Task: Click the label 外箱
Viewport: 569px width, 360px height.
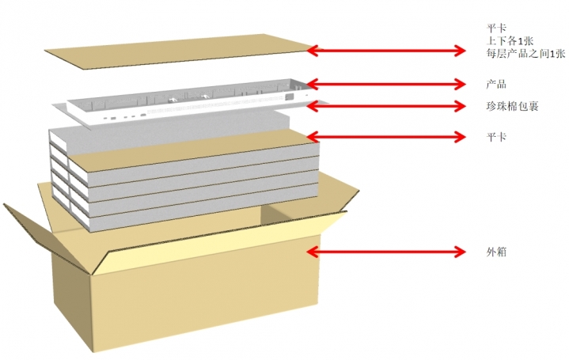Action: [x=496, y=252]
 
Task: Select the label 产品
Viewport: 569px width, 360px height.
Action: [x=496, y=84]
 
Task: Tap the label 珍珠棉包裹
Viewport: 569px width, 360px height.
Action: [x=512, y=106]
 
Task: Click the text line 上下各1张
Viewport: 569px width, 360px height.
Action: [x=510, y=40]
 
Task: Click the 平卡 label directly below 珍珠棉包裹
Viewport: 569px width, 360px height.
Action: [x=496, y=137]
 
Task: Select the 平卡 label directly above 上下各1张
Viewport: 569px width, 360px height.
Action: [x=496, y=26]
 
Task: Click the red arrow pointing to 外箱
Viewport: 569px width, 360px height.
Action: [x=385, y=252]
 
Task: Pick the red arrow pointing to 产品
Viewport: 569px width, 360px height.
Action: [x=385, y=83]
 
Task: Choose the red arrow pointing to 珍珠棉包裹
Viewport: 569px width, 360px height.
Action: [x=385, y=105]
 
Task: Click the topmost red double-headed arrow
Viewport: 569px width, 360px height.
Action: [x=385, y=51]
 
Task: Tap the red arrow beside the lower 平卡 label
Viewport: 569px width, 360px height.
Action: [x=385, y=136]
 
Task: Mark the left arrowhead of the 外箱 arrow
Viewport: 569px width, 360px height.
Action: [x=311, y=252]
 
